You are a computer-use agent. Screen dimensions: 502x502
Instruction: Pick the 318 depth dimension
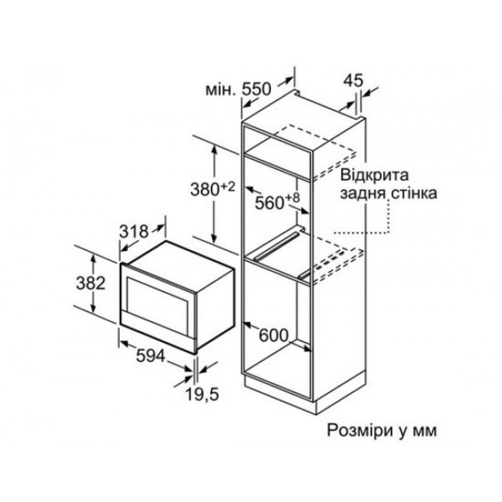click(x=134, y=231)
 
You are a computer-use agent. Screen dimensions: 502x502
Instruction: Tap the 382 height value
click(x=91, y=283)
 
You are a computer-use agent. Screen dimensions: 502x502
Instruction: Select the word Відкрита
click(x=375, y=176)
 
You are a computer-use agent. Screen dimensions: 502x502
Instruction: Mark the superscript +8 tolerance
click(x=292, y=197)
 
